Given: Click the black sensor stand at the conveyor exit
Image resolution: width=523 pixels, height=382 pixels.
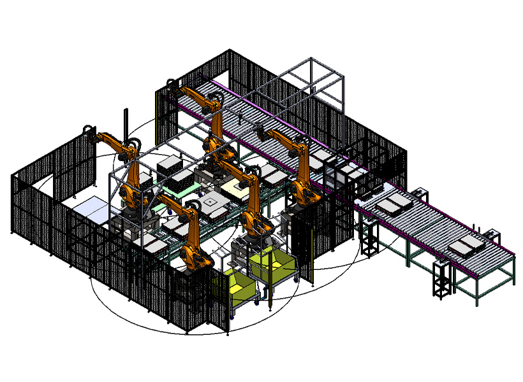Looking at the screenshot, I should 369,238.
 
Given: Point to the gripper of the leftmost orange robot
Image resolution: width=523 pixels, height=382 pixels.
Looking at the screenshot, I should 87,132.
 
